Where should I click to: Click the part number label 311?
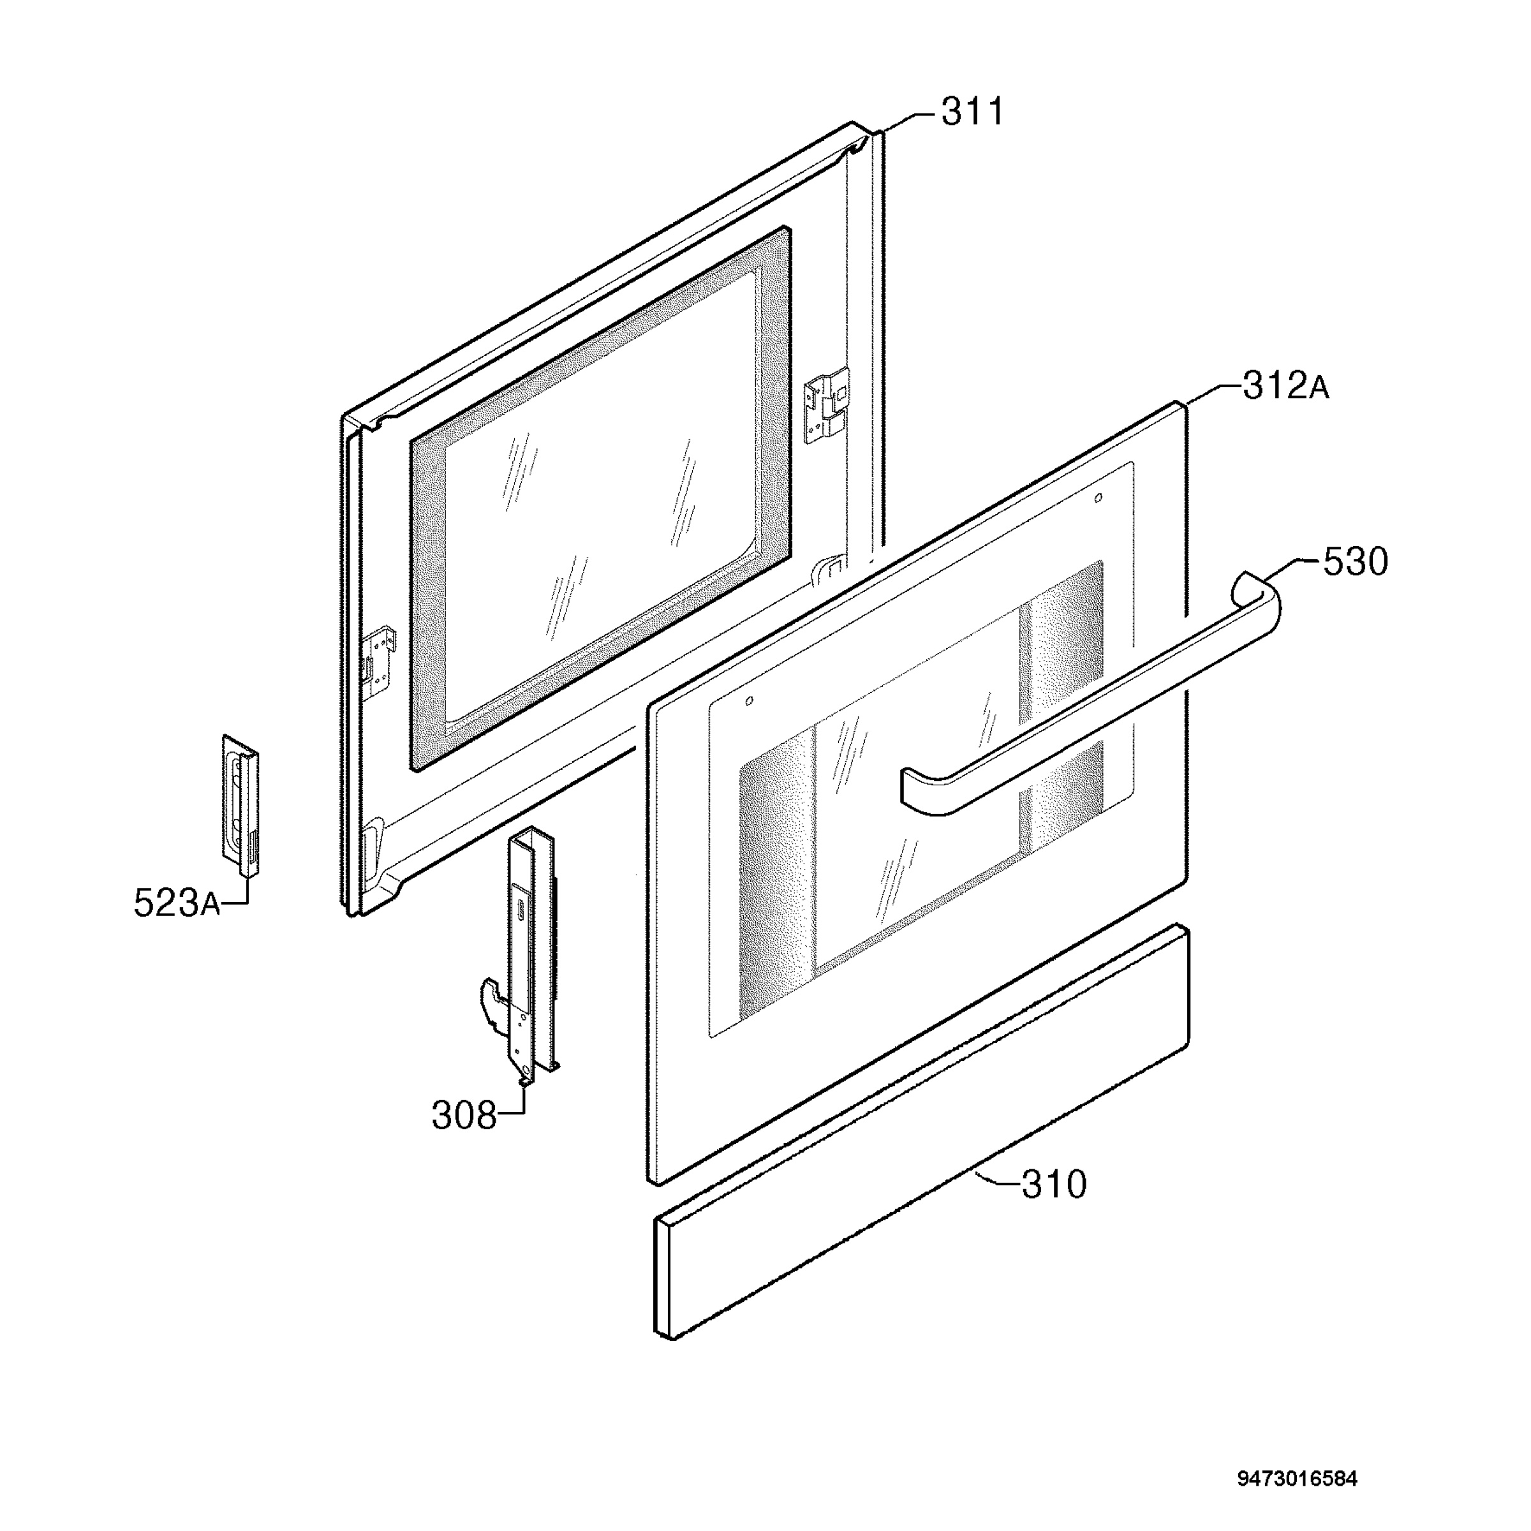coord(972,112)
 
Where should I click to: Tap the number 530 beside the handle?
coord(1355,562)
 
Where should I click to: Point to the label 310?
coord(1054,1185)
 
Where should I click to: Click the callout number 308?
coord(464,1116)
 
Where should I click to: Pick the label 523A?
coord(177,903)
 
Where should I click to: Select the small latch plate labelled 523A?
coord(240,805)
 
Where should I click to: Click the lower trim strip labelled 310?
coord(921,1132)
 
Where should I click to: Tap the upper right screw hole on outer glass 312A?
coord(1097,498)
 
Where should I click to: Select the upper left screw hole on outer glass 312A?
coord(749,701)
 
